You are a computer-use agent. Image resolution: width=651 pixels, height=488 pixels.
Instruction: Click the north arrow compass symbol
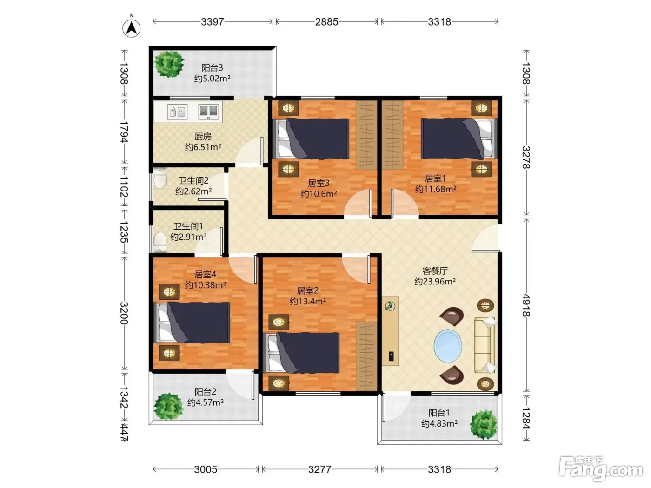click(132, 27)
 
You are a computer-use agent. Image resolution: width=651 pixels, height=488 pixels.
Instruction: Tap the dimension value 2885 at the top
click(326, 22)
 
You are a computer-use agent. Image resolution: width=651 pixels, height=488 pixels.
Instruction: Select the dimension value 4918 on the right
click(526, 305)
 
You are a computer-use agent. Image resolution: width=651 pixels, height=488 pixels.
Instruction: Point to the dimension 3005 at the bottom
click(206, 469)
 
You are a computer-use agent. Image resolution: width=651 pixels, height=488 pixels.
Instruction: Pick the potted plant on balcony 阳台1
click(484, 425)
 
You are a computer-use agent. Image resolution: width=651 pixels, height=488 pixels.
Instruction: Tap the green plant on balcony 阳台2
click(168, 406)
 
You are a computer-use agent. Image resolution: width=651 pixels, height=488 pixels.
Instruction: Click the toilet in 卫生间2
click(160, 178)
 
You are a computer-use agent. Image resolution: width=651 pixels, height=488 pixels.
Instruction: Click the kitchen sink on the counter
click(177, 112)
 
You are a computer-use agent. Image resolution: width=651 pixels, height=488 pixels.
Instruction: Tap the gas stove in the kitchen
click(208, 112)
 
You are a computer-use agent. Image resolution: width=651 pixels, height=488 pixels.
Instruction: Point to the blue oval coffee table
click(447, 346)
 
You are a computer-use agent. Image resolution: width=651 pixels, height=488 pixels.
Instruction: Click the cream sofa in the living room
click(485, 345)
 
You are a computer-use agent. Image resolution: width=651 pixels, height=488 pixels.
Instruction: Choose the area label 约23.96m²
click(435, 281)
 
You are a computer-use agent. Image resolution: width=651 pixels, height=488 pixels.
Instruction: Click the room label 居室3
click(319, 183)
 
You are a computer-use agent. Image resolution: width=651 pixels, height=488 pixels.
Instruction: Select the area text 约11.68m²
click(436, 189)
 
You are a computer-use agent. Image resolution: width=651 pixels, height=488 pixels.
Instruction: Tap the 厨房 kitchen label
click(203, 136)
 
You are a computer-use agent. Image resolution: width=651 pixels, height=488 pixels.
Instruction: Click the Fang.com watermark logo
click(601, 468)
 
